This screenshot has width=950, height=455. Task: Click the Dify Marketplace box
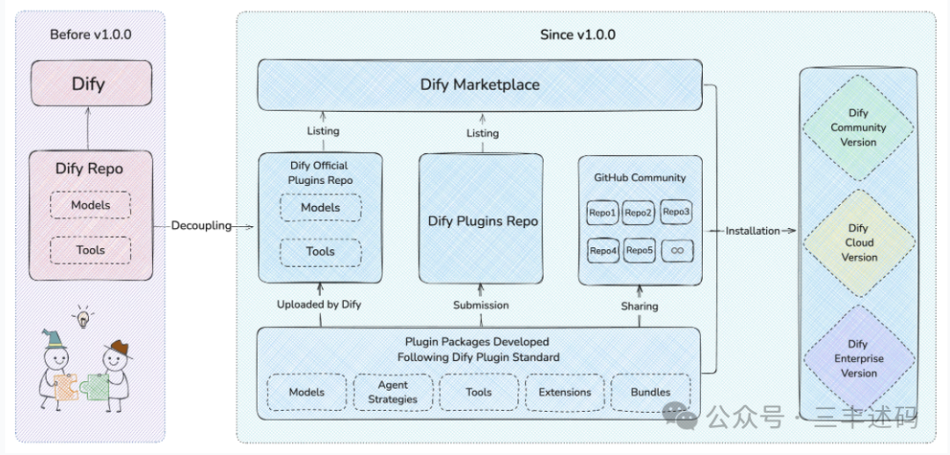tap(480, 84)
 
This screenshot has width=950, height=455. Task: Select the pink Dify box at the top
tap(91, 83)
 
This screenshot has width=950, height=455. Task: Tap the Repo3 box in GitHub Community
tap(676, 211)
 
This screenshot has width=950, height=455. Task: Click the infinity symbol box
tap(677, 250)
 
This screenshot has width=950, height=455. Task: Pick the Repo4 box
tap(603, 251)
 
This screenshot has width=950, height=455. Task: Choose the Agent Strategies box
tap(393, 392)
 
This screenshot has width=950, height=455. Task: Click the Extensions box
tap(565, 392)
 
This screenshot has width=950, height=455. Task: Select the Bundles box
tap(651, 392)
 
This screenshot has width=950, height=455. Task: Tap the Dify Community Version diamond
tap(858, 128)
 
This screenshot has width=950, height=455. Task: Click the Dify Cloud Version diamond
tap(858, 243)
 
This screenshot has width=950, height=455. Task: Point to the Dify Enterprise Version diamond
tap(858, 359)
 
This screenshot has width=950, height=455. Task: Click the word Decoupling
tap(201, 226)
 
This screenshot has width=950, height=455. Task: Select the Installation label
tap(752, 231)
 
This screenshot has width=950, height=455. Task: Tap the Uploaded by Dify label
tap(318, 305)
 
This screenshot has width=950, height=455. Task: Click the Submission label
tap(481, 305)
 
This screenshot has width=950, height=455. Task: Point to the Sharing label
tap(639, 306)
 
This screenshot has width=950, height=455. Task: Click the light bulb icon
tap(83, 317)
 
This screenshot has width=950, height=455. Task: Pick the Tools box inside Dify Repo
tap(91, 250)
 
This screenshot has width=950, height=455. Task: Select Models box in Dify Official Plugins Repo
tap(320, 208)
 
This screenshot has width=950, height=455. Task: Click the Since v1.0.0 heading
tap(577, 34)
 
